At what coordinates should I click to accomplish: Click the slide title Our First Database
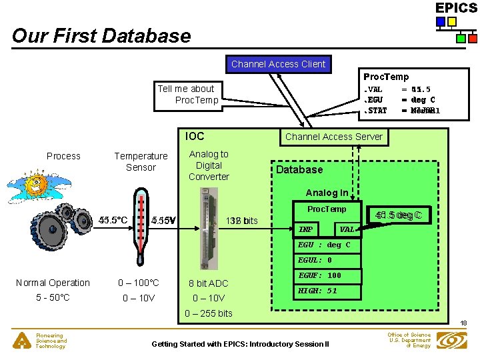[101, 35]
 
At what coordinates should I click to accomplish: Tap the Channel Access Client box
[278, 64]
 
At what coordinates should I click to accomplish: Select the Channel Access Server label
[333, 137]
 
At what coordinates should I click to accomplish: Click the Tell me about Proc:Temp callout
[186, 94]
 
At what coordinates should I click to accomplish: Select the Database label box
[299, 169]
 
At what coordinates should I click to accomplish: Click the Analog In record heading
[327, 193]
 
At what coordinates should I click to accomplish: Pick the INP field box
[306, 229]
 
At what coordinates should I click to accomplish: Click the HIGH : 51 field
[317, 291]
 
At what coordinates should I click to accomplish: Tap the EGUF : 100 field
[319, 275]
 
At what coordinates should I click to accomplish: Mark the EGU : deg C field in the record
[324, 245]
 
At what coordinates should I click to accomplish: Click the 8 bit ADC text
[209, 283]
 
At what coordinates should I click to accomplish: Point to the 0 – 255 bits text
[209, 313]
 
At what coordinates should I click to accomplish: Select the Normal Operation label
[53, 283]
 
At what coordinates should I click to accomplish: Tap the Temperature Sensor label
[141, 161]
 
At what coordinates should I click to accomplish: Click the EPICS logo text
[457, 8]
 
